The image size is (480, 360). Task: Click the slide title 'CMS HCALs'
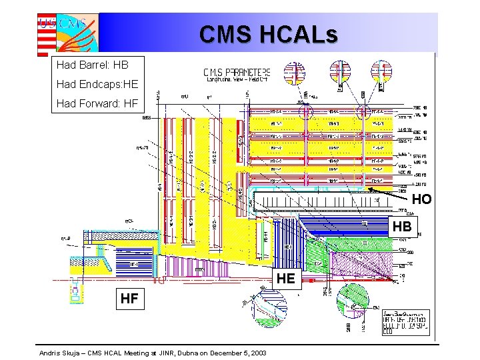(268, 33)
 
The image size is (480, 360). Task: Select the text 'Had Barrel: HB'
(92, 65)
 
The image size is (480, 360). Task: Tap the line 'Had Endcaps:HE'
(97, 84)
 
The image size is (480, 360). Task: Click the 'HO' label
(421, 199)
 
